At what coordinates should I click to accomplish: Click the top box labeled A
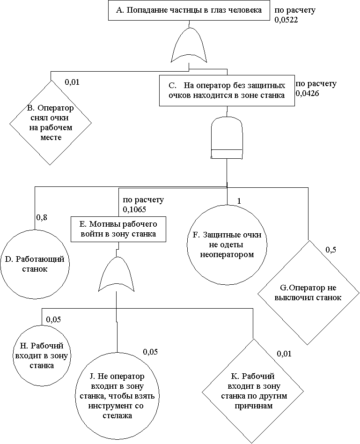189,11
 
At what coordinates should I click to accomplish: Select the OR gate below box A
189,45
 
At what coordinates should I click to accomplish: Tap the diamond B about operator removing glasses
51,123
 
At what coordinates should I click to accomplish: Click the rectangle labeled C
227,90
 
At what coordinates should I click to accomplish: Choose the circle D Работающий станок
35,264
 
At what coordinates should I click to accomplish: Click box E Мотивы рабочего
118,229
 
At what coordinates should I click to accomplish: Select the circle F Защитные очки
227,244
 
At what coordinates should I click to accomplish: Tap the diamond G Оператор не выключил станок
308,293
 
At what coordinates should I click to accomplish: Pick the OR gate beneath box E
116,274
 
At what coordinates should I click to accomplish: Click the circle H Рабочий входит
42,355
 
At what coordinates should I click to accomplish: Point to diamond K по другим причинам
253,391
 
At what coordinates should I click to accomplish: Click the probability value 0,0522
286,20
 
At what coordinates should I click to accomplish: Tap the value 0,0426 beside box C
308,93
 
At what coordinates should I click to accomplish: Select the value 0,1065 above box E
134,209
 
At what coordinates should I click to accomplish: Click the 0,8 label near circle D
42,217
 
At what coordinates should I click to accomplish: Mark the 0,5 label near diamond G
331,250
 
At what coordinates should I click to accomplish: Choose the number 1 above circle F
239,201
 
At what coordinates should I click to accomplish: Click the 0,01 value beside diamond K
284,354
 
